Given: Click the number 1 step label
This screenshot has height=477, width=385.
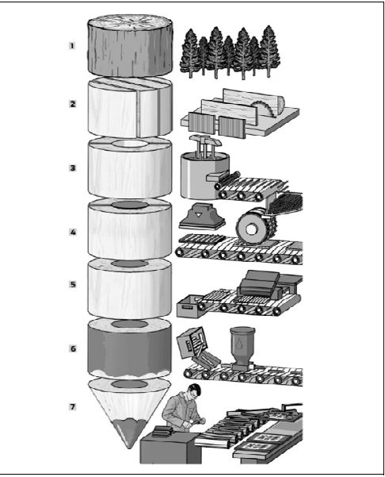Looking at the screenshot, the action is [x=72, y=46].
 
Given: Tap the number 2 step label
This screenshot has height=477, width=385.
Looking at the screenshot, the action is [x=73, y=104].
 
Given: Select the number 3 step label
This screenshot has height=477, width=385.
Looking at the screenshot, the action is [x=73, y=168].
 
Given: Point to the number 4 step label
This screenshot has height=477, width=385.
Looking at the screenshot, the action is [x=73, y=232].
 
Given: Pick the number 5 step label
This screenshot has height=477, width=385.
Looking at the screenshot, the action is [x=73, y=284].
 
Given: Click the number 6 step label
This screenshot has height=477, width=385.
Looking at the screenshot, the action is [x=73, y=348].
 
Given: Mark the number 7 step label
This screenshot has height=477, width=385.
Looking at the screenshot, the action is [x=72, y=406].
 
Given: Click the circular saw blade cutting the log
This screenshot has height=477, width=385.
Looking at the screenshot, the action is [x=264, y=108].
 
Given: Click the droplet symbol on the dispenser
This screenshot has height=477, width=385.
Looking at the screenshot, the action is [x=240, y=344].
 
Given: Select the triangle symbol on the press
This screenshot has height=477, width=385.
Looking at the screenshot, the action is [x=198, y=215].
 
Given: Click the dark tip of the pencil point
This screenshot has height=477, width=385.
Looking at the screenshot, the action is [x=130, y=432].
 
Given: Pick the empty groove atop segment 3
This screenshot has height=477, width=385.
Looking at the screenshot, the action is [x=130, y=143].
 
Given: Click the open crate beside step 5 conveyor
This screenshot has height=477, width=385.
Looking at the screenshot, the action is [x=188, y=306].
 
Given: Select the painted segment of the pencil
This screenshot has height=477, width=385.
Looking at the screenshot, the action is [x=130, y=350].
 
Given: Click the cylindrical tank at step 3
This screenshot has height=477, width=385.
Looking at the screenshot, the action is [x=202, y=175].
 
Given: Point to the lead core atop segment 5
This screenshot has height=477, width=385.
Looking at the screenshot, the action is [x=130, y=264].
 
